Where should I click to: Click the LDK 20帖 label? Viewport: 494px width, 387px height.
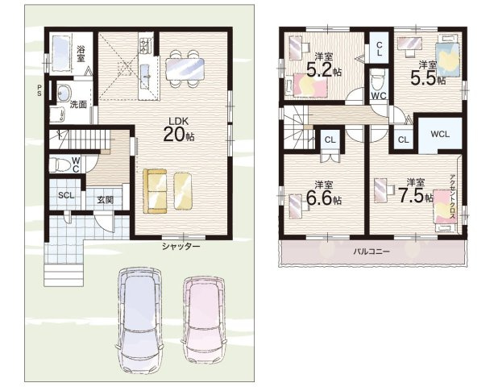(179, 130)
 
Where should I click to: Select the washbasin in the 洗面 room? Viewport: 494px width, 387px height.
(64, 93)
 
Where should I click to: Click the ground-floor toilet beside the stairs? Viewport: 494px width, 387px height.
(58, 164)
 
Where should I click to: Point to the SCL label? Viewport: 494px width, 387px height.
(66, 195)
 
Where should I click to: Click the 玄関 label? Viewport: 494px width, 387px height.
(105, 200)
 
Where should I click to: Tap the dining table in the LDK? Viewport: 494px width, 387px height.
(185, 69)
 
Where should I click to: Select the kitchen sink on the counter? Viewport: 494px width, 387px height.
(146, 76)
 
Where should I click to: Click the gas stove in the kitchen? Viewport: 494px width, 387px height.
(144, 45)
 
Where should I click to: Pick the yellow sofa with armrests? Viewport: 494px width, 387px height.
(155, 191)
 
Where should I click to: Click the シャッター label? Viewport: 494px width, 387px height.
(181, 246)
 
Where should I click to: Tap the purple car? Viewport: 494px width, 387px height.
(140, 319)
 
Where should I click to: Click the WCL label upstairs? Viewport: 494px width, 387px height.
(440, 134)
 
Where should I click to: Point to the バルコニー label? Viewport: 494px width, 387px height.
(372, 252)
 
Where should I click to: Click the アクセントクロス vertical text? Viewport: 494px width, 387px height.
(453, 197)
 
